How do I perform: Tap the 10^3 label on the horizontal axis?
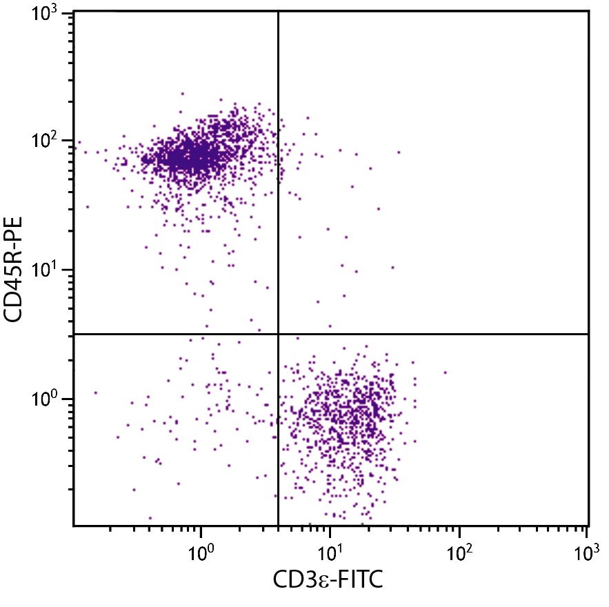point(586,552)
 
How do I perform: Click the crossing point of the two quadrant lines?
point(278,334)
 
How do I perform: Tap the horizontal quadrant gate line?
point(448,334)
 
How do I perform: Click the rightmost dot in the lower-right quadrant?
point(446,372)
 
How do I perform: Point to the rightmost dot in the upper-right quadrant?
point(399,152)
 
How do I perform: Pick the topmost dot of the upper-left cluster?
point(183,94)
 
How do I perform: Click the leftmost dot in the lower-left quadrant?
point(95,392)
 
